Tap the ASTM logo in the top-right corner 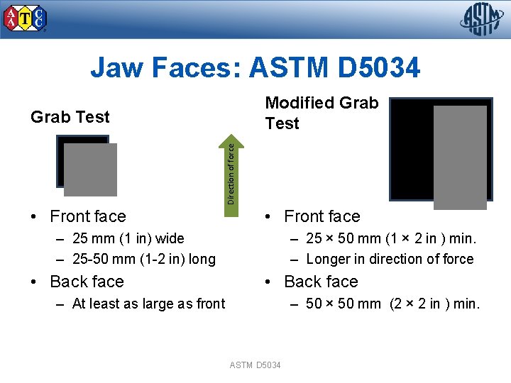click(x=480, y=19)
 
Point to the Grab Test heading click(x=70, y=117)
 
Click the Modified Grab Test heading click(x=321, y=113)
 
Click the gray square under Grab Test click(x=90, y=170)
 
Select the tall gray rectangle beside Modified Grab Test click(x=460, y=157)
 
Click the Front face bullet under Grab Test click(x=87, y=216)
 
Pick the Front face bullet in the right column click(x=322, y=216)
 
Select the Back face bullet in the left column click(x=87, y=282)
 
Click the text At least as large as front click(x=148, y=304)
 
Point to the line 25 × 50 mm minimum click(x=391, y=238)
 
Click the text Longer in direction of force click(x=390, y=259)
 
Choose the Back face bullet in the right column click(x=321, y=282)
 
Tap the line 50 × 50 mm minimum click(x=392, y=304)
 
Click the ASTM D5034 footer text click(x=255, y=365)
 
